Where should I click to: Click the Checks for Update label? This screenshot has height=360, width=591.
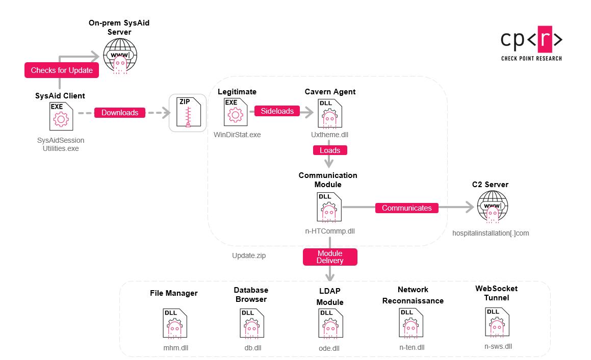[62, 70]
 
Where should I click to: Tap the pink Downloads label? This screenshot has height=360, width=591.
[120, 112]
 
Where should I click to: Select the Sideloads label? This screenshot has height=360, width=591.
[277, 111]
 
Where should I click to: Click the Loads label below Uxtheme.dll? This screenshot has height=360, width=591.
[330, 150]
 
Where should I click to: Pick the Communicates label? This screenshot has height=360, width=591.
[407, 208]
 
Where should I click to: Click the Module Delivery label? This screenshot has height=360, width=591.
[330, 256]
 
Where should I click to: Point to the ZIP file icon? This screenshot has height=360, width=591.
[189, 112]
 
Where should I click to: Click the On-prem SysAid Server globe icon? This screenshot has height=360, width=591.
[120, 56]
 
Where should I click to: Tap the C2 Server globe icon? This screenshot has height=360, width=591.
[492, 207]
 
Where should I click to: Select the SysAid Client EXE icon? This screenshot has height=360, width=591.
[61, 116]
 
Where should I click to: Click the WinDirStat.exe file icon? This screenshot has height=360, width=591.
[236, 112]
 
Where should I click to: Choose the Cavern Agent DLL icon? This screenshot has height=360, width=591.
[330, 114]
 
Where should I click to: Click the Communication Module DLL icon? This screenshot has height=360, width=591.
[329, 207]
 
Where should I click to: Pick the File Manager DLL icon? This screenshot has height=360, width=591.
[175, 323]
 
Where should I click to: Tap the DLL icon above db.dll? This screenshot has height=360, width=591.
[252, 323]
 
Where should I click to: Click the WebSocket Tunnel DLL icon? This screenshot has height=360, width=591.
[497, 322]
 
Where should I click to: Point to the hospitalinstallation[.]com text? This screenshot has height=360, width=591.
[491, 233]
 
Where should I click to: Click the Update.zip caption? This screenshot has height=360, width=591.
[249, 255]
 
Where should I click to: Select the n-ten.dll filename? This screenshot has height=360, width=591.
[412, 347]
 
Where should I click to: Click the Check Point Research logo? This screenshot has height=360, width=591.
[531, 43]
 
